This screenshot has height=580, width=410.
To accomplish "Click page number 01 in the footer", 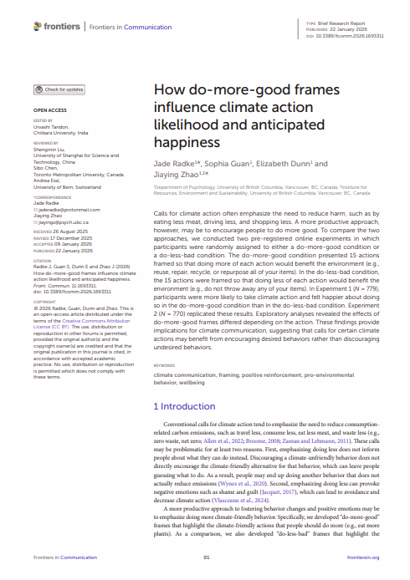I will tap(207, 557).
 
